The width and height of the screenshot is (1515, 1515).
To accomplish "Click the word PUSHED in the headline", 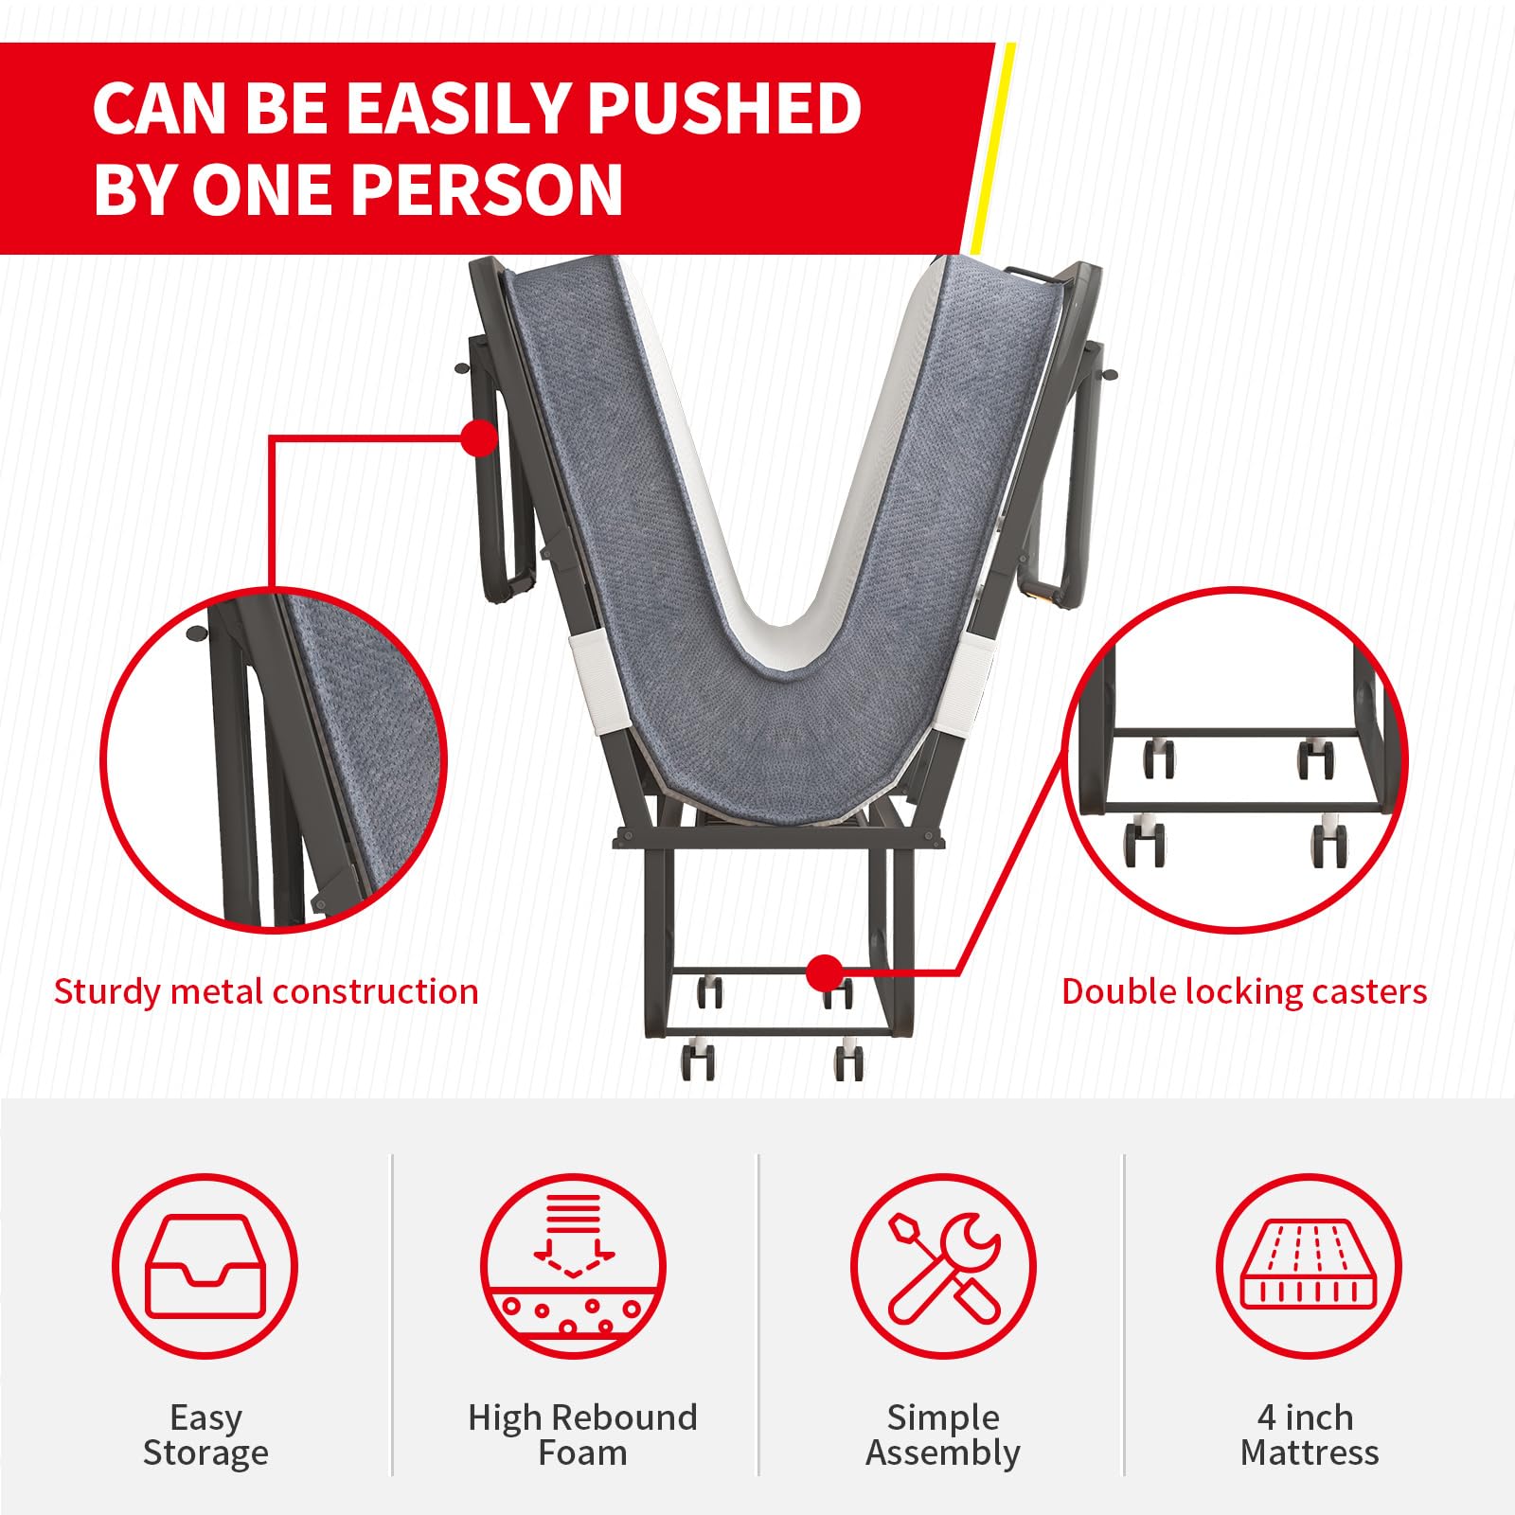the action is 724,107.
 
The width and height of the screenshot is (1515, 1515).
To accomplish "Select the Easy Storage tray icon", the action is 205,1266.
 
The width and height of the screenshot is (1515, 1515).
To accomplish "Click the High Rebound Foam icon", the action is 573,1266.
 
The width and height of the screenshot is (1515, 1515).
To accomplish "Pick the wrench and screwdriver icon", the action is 943,1266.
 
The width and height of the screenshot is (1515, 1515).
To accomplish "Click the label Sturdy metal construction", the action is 266,991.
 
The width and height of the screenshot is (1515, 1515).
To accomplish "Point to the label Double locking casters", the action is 1244,991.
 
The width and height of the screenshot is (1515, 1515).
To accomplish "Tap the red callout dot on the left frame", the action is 479,437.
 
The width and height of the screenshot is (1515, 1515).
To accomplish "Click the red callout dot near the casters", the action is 826,971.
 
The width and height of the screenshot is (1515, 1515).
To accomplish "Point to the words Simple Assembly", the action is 943,1435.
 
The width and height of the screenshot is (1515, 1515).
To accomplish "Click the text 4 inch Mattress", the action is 1310,1435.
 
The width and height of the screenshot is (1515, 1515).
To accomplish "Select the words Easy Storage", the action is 205,1435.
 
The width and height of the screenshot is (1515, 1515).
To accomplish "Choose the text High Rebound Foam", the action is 582,1435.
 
